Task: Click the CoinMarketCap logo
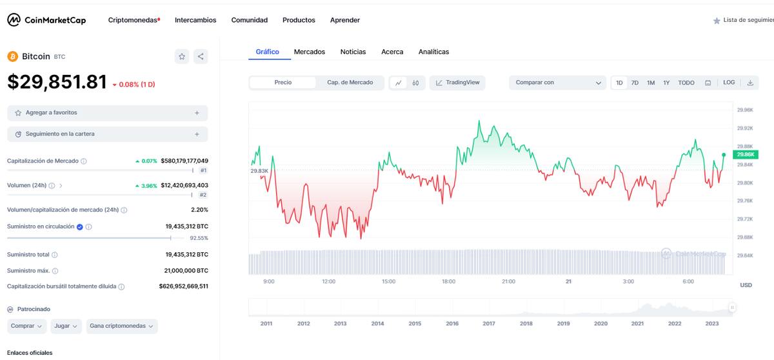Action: coord(46,20)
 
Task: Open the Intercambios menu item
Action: coord(195,20)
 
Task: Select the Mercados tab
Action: coord(309,52)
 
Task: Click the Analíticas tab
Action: coord(433,52)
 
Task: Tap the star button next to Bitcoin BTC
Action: coord(182,56)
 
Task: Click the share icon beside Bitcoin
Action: coord(201,56)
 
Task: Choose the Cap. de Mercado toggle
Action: coord(350,83)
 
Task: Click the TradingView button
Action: coord(457,83)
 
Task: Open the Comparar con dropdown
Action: coord(558,83)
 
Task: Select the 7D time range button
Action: coord(635,83)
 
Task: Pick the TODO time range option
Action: coord(686,83)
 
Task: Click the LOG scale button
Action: coord(729,83)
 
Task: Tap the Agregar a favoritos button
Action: coord(108,113)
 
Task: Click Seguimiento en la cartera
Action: coord(108,134)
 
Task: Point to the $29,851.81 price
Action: coord(57,82)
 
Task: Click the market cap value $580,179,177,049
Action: coord(184,161)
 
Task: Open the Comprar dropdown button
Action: coord(26,326)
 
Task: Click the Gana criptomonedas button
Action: coord(122,326)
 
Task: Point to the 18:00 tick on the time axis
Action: coord(448,281)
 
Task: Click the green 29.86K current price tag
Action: coord(746,154)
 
